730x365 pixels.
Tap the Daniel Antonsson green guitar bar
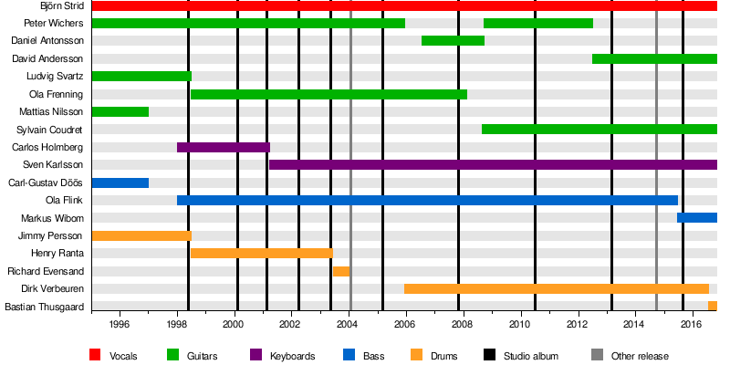453,41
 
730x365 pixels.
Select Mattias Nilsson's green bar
120,111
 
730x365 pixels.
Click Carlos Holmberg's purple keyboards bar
223,147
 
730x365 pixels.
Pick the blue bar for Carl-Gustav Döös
120,182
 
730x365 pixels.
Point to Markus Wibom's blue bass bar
696,217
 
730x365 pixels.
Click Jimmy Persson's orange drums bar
141,235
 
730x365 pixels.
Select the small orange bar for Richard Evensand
340,271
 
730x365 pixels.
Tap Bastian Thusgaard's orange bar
712,306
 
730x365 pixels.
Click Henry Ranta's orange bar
261,253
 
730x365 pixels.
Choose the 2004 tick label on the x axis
348,323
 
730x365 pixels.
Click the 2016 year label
692,323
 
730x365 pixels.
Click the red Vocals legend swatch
96,355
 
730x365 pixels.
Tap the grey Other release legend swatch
598,355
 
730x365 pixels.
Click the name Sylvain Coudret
50,130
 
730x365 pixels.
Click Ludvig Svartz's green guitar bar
141,77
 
